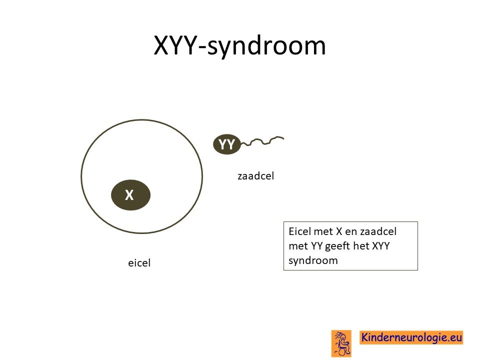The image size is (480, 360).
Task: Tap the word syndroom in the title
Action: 266,46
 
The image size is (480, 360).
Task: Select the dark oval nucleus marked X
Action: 130,195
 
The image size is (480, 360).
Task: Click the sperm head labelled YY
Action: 227,144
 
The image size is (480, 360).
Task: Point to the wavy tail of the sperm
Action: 262,141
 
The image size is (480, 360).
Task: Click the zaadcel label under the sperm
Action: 255,176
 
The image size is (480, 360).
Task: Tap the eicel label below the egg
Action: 139,263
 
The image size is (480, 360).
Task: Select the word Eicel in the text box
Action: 299,231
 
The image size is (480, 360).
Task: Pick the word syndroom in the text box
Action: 313,261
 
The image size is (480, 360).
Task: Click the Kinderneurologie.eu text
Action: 411,337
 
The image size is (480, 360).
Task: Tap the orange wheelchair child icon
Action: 341,343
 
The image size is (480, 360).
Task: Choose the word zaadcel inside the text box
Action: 378,231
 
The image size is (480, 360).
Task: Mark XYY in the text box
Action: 381,246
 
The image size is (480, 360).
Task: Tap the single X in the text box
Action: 339,231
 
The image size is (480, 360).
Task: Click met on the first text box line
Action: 323,231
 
